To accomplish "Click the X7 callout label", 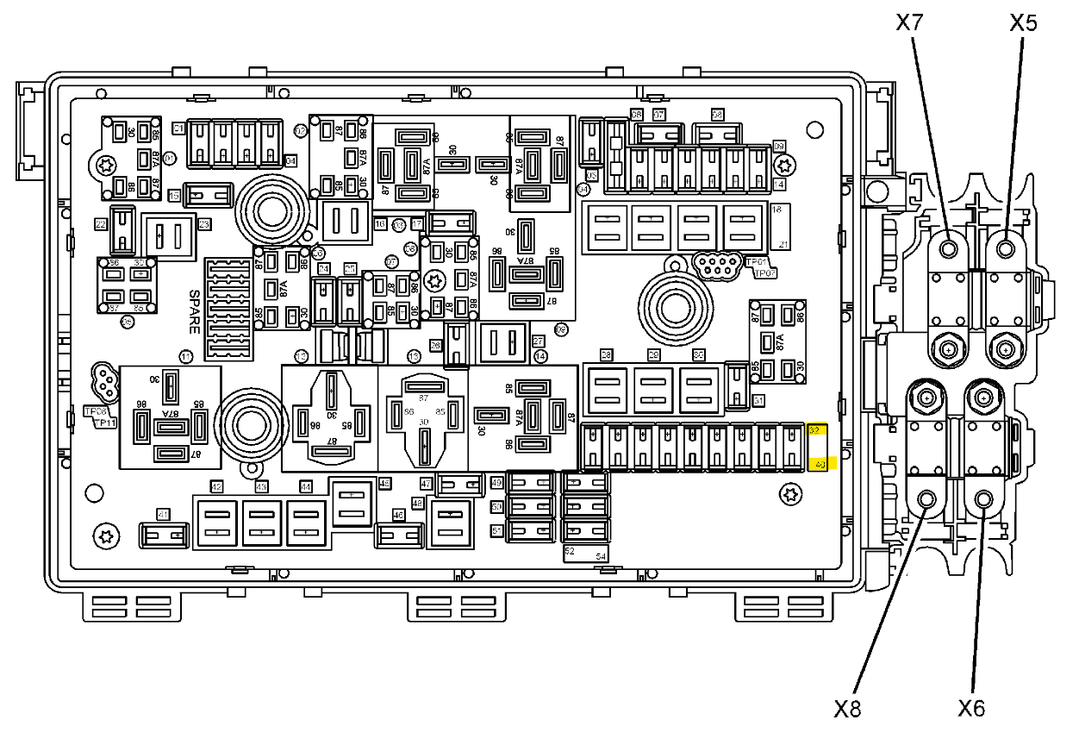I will tap(910, 23).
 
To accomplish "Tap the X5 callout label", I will tap(1023, 23).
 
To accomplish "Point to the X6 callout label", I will tap(971, 709).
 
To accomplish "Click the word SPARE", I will tap(194, 310).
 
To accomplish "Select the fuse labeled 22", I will tap(123, 229).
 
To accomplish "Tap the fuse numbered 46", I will tap(398, 536).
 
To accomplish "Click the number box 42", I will tap(217, 486).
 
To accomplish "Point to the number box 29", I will tap(653, 355).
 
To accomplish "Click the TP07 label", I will tap(765, 273).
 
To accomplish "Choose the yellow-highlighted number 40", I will tap(820, 465).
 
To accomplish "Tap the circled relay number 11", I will tap(186, 356).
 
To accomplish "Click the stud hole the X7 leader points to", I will tap(949, 249).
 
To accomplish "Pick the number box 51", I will tap(497, 531).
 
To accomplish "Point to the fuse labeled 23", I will tap(170, 234).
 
